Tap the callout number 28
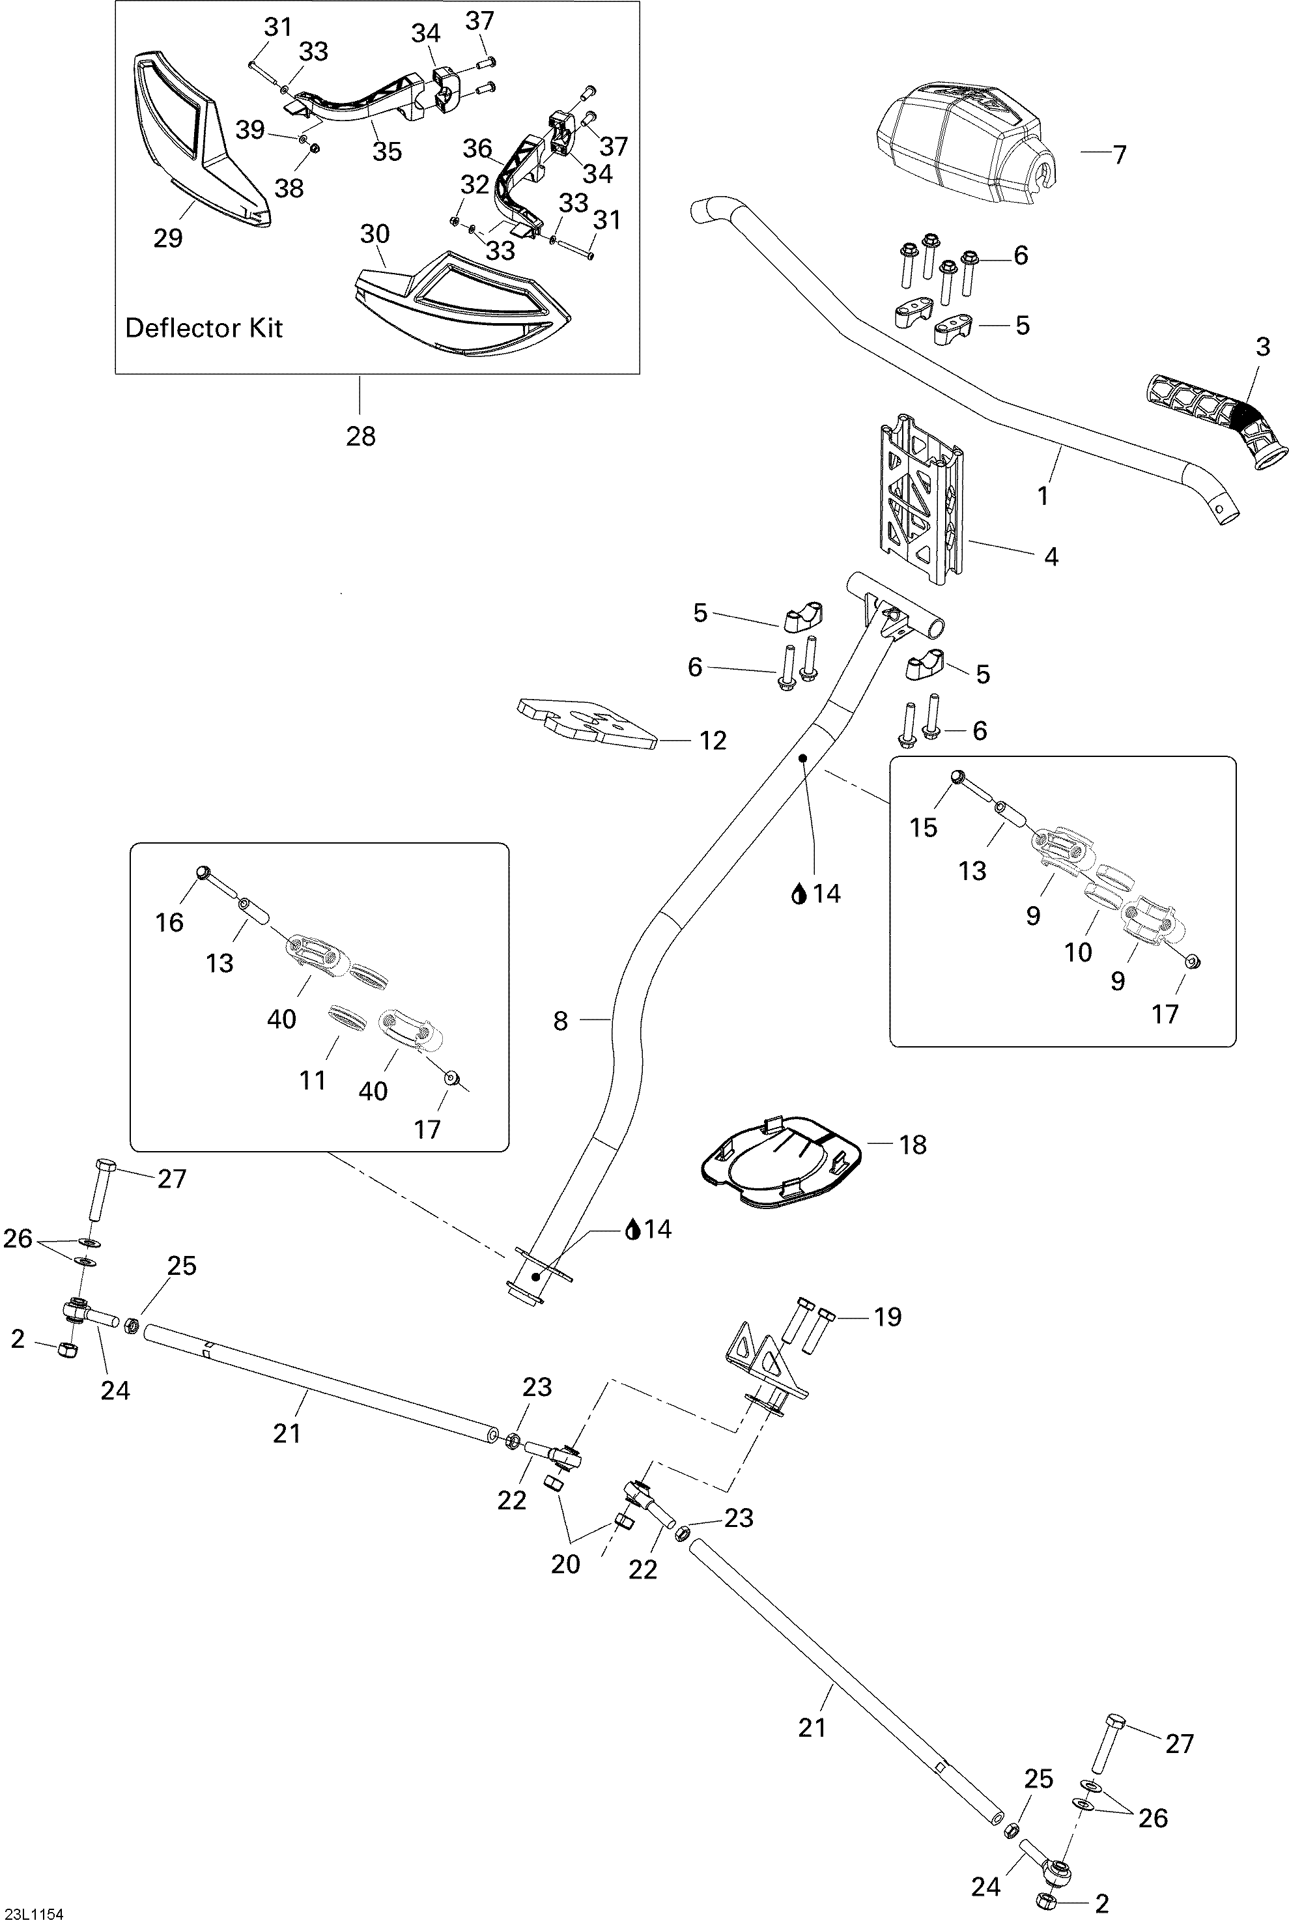click(360, 436)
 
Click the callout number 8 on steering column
click(560, 1021)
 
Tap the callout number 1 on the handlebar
click(1042, 496)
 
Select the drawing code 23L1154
click(33, 1913)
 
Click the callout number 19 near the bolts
click(888, 1316)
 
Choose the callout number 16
click(169, 922)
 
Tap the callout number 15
click(923, 828)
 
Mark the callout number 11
click(313, 1079)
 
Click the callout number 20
click(565, 1563)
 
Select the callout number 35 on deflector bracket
click(387, 151)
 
